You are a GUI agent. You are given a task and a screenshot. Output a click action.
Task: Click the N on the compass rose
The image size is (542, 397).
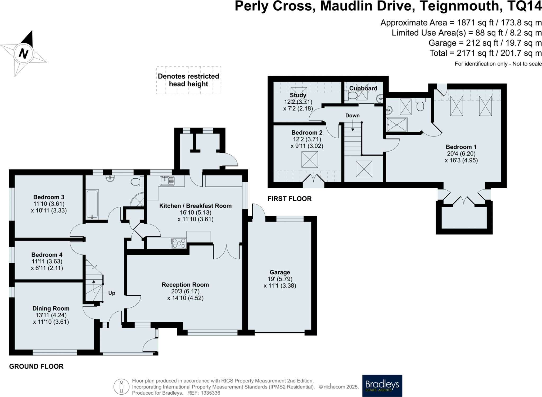click(24, 54)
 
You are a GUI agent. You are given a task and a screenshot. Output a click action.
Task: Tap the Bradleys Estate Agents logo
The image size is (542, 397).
click(382, 385)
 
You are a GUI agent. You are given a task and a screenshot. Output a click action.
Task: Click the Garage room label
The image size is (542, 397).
click(280, 272)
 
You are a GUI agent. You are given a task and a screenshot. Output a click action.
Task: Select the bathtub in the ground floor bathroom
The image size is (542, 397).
click(92, 204)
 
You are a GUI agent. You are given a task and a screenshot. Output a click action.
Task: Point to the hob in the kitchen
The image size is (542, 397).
click(179, 243)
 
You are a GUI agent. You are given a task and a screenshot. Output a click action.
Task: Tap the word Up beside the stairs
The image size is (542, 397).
click(112, 293)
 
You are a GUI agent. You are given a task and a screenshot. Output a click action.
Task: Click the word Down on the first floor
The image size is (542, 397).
click(352, 116)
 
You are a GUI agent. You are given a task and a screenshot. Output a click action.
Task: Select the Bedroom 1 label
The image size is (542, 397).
click(461, 147)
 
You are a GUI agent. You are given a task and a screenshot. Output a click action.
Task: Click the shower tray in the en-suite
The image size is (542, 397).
click(396, 125)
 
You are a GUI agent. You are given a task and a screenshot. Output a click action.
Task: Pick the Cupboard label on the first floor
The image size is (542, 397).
click(363, 88)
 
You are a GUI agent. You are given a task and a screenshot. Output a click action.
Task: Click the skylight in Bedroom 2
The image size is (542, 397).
click(310, 160)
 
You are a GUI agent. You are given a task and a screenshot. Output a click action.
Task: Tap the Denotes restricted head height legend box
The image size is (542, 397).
click(188, 80)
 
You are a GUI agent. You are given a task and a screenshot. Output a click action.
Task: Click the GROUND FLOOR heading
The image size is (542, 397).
click(36, 366)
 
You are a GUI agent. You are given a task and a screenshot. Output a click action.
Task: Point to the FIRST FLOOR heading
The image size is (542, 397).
click(290, 198)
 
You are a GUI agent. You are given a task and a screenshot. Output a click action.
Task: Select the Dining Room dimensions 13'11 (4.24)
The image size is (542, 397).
click(51, 315)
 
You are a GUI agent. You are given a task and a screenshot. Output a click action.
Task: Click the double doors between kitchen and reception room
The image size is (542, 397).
click(226, 252)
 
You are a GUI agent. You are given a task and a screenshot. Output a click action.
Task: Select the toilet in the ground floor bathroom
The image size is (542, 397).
click(136, 182)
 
